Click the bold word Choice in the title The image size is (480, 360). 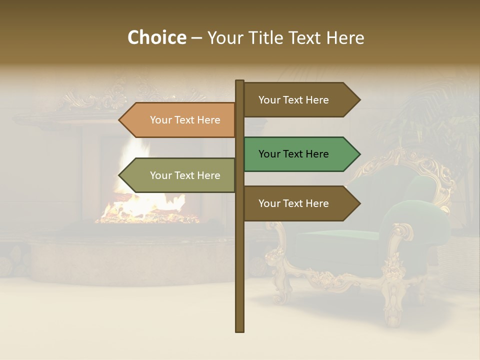pos(156,37)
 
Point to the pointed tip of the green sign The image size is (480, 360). pos(359,154)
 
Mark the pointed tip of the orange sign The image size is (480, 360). pos(120,120)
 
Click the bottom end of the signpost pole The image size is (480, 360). pos(239,330)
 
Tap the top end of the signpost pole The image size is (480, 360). pos(239,81)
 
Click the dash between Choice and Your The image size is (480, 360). pos(196,38)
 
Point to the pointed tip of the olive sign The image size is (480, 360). pos(120,175)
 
